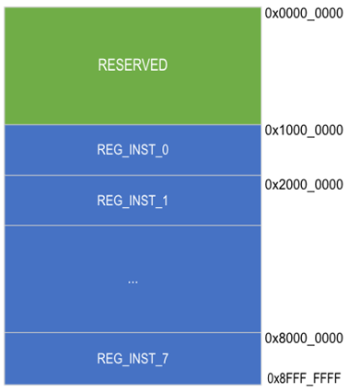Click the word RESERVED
click(133, 65)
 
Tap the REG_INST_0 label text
click(133, 149)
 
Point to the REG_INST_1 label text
click(133, 200)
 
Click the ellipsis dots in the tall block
click(133, 280)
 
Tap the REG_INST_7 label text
click(133, 358)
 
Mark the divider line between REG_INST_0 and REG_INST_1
click(133, 175)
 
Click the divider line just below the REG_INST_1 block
click(133, 225)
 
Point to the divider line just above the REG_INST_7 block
click(133, 332)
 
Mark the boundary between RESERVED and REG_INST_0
click(133, 124)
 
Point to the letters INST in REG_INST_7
click(141, 358)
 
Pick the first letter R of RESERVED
click(102, 65)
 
